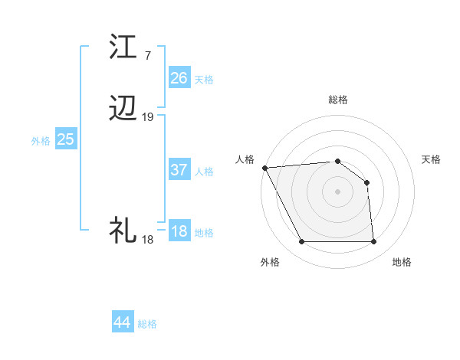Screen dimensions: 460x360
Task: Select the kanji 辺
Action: coord(124,110)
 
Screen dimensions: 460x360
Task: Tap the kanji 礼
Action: coord(124,229)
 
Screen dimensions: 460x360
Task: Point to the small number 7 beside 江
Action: coord(147,56)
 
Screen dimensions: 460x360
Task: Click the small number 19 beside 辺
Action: coord(148,117)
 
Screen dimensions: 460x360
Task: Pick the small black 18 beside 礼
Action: coord(147,240)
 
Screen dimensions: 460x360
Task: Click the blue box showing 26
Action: coord(179,78)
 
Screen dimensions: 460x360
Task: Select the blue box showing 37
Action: coord(179,171)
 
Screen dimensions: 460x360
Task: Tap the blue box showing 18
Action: coord(179,231)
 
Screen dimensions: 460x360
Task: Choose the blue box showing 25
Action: coord(66,139)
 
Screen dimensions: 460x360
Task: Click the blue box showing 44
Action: coord(122,322)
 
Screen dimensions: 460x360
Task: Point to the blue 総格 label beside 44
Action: coord(147,324)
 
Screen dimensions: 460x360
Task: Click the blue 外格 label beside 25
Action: coord(41,141)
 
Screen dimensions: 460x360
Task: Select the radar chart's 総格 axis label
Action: coord(338,100)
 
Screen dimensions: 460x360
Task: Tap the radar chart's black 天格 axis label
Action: coord(432,159)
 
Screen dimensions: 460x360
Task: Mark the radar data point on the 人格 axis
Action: coord(264,168)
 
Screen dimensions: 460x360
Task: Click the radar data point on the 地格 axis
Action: coord(374,242)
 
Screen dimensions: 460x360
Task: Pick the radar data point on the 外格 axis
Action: coord(301,242)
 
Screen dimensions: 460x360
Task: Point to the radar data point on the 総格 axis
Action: coord(338,161)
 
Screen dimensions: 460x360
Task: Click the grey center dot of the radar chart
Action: coord(338,191)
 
